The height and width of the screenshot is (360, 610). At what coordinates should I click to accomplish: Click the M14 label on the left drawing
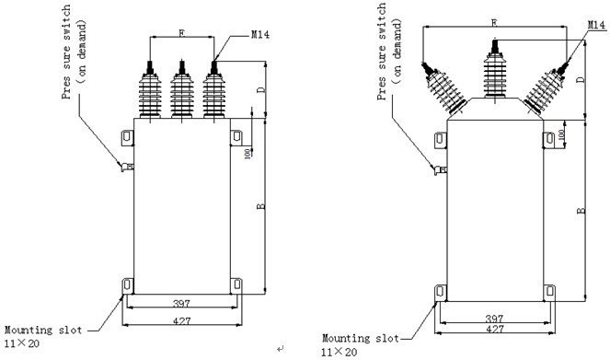(259, 35)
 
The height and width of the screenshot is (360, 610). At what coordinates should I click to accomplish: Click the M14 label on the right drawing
(596, 25)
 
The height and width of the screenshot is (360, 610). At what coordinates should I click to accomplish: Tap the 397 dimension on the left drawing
(181, 303)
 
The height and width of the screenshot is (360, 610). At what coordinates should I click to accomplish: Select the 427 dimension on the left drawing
(181, 320)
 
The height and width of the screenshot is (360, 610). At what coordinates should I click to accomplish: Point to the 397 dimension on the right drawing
(494, 319)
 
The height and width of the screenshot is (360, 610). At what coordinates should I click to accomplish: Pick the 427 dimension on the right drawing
(494, 329)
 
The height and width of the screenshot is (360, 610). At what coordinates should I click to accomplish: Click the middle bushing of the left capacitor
(181, 89)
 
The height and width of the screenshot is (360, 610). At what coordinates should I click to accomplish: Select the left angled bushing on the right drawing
(443, 87)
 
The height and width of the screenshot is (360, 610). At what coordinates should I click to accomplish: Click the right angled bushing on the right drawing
(547, 87)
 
